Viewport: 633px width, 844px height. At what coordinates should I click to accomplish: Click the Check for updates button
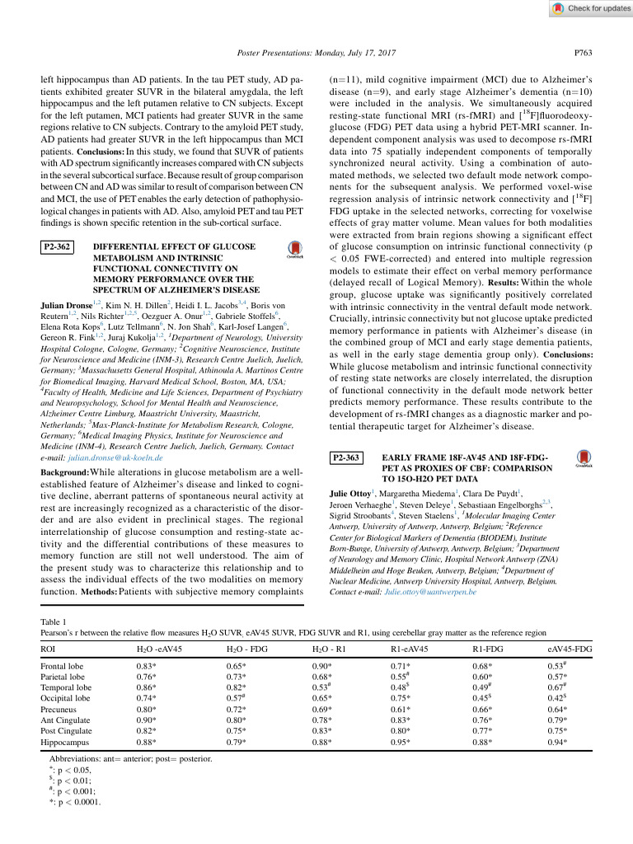(x=588, y=8)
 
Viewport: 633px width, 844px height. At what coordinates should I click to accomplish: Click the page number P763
(x=583, y=53)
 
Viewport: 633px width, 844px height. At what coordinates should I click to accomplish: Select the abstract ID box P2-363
(x=347, y=457)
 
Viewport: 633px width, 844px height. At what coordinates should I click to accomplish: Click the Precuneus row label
(x=61, y=707)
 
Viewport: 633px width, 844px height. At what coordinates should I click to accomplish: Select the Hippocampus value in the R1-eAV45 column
(x=400, y=741)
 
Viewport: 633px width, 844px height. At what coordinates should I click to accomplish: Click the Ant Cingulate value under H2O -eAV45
(x=147, y=719)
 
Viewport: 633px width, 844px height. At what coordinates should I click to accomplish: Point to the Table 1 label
(x=54, y=621)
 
